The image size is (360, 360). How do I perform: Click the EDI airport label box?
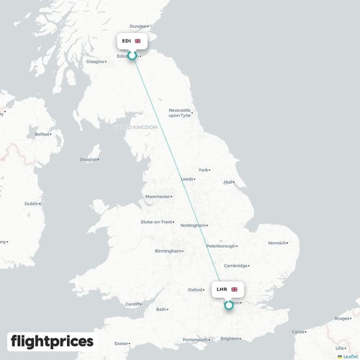click(x=132, y=41)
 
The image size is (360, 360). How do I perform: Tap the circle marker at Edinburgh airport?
click(x=132, y=55)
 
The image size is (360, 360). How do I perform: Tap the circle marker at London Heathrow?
click(x=228, y=305)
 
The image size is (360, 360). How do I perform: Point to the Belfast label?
click(x=43, y=134)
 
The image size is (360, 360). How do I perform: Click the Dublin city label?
click(x=32, y=204)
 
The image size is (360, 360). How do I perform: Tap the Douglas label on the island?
click(x=88, y=159)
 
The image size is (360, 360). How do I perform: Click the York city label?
click(x=203, y=170)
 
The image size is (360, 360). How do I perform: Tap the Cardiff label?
click(x=134, y=304)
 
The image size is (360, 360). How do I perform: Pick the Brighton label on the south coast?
click(x=231, y=338)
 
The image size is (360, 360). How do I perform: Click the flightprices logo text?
click(x=52, y=340)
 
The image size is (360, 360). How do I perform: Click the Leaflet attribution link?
click(x=350, y=356)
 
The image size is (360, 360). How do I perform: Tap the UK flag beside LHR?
click(x=234, y=289)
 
